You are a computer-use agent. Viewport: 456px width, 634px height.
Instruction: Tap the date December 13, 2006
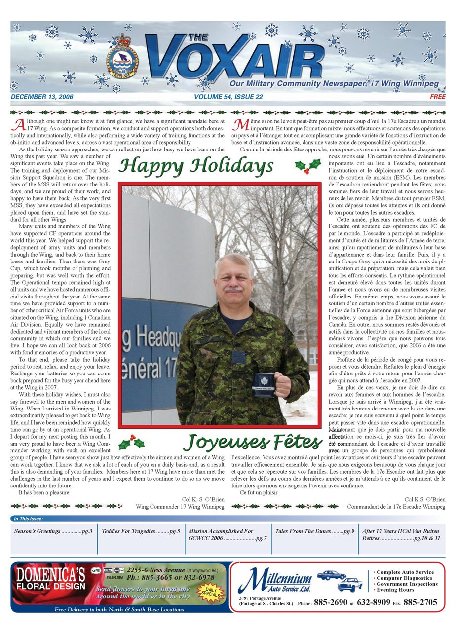coord(41,97)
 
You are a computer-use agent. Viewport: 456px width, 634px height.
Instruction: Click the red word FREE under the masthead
coord(437,97)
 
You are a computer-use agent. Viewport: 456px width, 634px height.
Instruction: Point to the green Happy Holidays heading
coord(196,166)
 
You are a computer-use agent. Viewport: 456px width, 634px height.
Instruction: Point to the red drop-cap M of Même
coord(240,124)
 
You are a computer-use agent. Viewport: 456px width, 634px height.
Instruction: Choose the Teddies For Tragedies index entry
coord(141,531)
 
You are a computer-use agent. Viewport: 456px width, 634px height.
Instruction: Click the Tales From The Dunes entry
coord(315,531)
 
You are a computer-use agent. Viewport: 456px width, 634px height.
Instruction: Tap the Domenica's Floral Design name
coord(50,577)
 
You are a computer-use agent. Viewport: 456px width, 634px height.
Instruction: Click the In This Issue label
coord(29,519)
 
